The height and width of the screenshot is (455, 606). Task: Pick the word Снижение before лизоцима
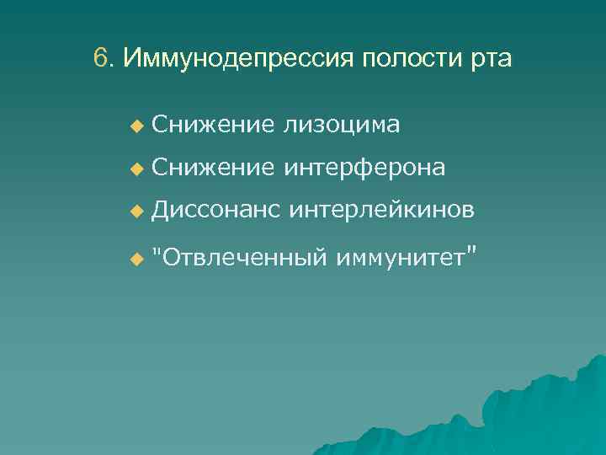pos(214,125)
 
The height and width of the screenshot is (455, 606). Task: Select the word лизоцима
pos(342,125)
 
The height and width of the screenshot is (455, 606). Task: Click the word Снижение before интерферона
pos(214,168)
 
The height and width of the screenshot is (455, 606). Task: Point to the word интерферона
pos(364,168)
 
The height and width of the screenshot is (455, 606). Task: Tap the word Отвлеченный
pos(243,255)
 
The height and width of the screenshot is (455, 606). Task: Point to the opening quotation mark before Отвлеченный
pos(157,249)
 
